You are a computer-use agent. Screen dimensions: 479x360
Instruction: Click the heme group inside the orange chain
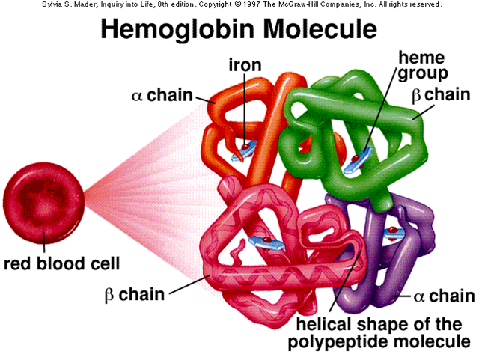(244, 152)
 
